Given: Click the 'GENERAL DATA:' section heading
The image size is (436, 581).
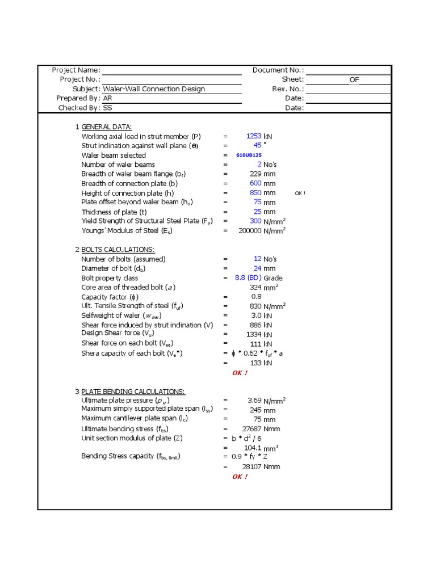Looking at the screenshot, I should [x=107, y=127].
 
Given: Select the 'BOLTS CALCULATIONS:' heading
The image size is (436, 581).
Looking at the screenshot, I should [x=118, y=250].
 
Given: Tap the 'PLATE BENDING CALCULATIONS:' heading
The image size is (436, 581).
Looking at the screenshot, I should [x=133, y=391].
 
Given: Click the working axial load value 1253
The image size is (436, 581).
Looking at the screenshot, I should [x=253, y=136].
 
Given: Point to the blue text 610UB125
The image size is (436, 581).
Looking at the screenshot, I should [x=249, y=155].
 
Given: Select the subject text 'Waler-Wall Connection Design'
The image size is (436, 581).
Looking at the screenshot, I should [x=154, y=89].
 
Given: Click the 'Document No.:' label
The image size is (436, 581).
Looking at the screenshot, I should [x=278, y=70].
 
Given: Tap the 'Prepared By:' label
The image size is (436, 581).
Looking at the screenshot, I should [x=78, y=98].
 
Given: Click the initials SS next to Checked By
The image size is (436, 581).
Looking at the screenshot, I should [x=107, y=108].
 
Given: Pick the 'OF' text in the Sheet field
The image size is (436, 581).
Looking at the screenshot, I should [x=354, y=79].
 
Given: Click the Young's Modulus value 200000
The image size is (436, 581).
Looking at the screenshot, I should [x=250, y=230].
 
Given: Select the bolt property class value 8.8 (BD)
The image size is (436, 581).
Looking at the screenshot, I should [x=248, y=278].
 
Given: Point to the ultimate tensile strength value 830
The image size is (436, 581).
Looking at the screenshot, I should [x=255, y=306].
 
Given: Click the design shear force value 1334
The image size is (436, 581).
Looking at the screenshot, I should [x=254, y=334].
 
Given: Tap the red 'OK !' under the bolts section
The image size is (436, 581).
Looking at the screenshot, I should [x=240, y=373].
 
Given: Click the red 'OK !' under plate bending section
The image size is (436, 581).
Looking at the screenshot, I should [x=240, y=477].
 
